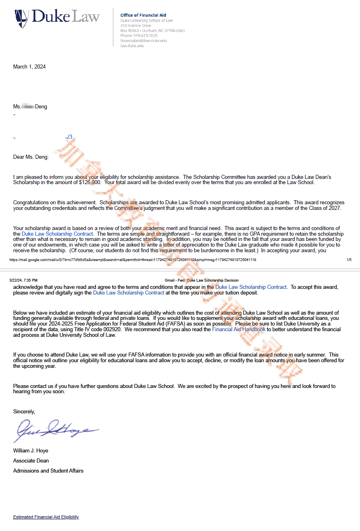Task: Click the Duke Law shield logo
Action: coord(22,19)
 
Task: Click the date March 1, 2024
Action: coord(29,67)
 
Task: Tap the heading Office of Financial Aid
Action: coord(143,15)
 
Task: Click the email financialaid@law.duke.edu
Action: coord(144,41)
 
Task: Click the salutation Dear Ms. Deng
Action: coord(31,157)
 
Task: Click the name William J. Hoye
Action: coord(31,450)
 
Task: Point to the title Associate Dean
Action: coord(31,460)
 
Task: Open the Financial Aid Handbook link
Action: coord(239,330)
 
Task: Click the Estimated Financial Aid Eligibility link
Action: coord(46,517)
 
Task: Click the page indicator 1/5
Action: coord(349,260)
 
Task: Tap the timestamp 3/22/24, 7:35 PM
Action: coord(23,280)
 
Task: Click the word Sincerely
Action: coord(24,411)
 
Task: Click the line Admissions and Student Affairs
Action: coord(48,471)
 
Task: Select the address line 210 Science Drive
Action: coord(135,25)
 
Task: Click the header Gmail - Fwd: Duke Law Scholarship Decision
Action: coord(202,280)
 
